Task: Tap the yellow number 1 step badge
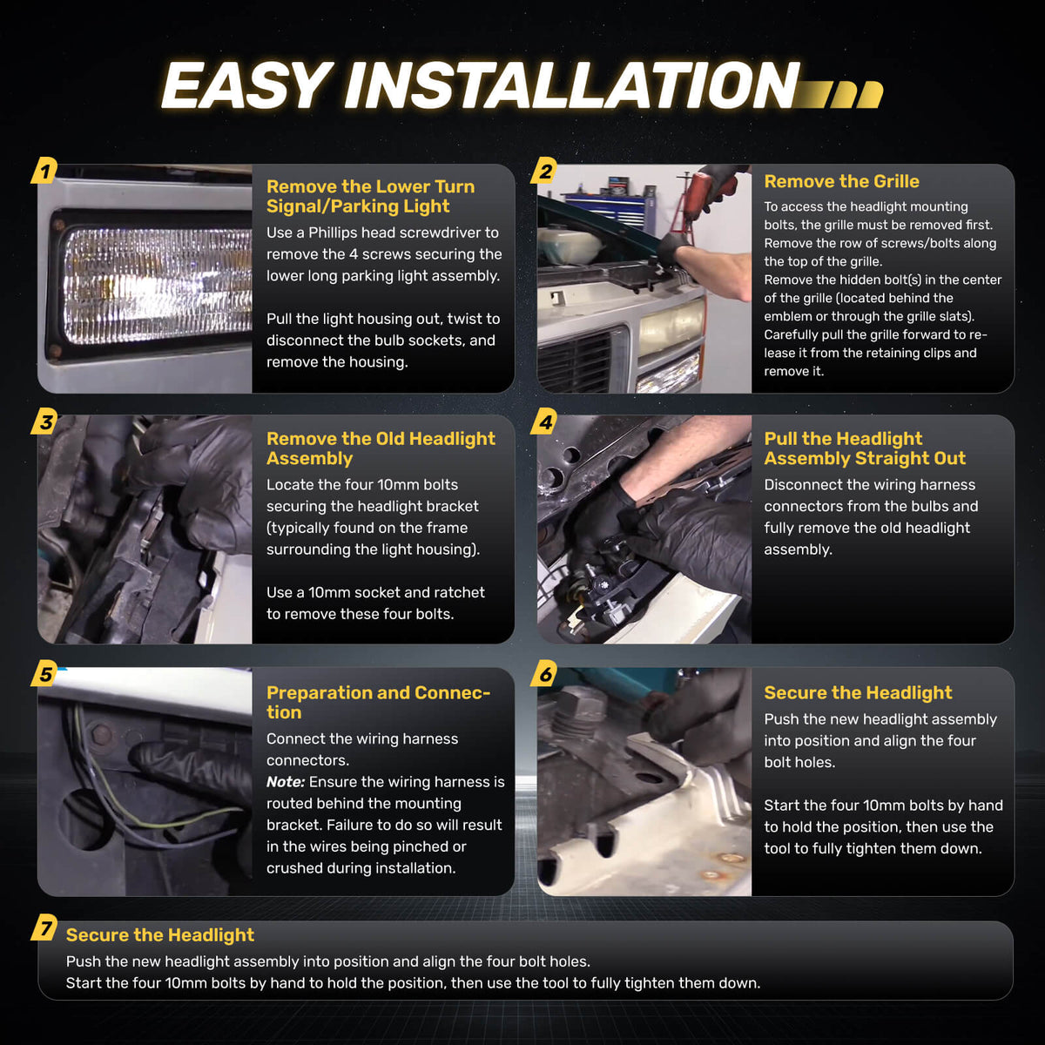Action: click(44, 171)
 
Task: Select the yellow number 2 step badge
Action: click(544, 171)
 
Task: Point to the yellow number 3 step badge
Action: click(44, 421)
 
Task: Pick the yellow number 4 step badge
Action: click(544, 421)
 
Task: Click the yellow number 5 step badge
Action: click(44, 673)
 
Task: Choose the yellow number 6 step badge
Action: click(544, 673)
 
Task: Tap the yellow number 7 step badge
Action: click(44, 927)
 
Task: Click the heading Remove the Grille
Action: click(841, 181)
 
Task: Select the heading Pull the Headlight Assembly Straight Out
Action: click(865, 448)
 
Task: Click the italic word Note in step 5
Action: click(286, 781)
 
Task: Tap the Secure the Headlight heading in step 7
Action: click(160, 934)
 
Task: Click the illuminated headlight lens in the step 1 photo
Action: click(158, 286)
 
